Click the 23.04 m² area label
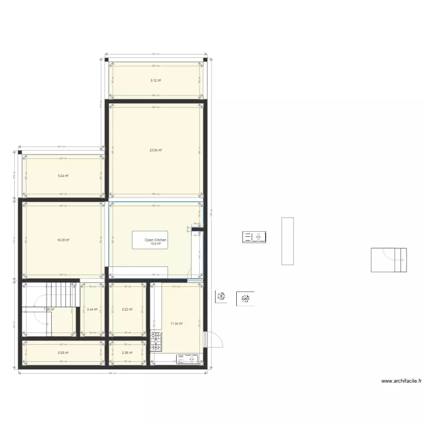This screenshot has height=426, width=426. [156, 151]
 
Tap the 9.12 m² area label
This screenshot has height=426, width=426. [156, 81]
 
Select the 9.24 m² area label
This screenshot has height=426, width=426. [63, 176]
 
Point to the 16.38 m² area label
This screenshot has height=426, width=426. [63, 240]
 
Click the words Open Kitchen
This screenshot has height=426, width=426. [156, 240]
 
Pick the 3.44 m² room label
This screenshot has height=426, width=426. [92, 310]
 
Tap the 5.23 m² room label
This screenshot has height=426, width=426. [127, 310]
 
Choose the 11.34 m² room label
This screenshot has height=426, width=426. [176, 324]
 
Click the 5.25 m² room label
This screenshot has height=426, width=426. [63, 353]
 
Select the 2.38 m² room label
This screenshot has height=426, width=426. [127, 353]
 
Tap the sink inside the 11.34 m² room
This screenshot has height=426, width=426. [188, 359]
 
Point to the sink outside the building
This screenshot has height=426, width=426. [254, 237]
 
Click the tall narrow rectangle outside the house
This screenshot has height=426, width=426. [287, 241]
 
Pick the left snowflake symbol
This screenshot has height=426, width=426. [221, 296]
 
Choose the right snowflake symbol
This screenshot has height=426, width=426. [247, 298]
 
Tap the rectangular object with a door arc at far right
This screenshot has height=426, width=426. [389, 260]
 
